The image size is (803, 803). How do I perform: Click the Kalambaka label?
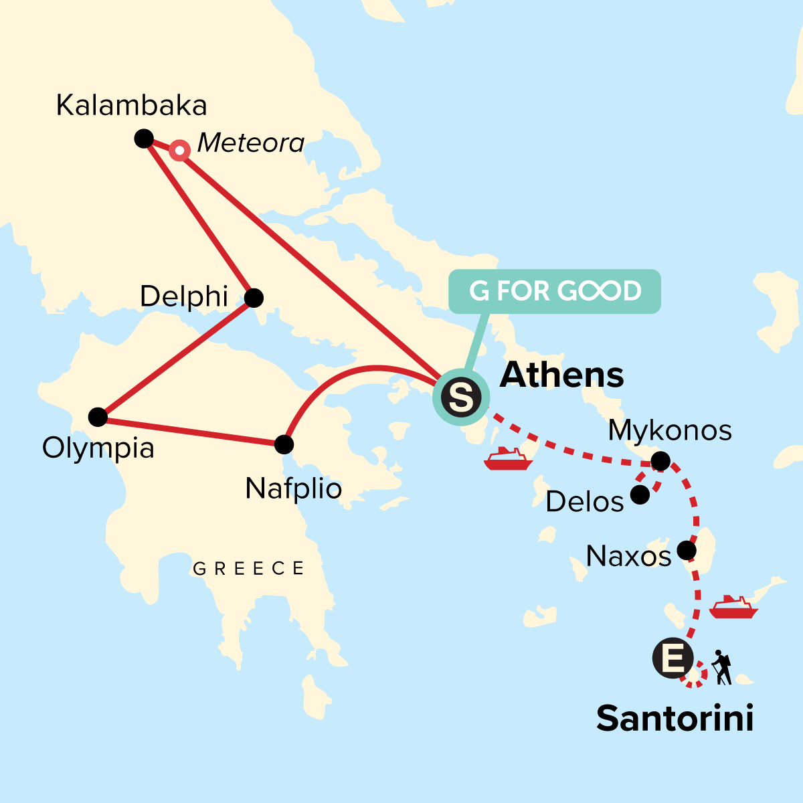pyautogui.click(x=132, y=106)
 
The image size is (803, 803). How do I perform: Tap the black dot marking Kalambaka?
pyautogui.click(x=144, y=139)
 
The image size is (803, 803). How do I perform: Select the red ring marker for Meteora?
pyautogui.click(x=179, y=151)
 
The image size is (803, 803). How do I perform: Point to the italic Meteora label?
pyautogui.click(x=251, y=143)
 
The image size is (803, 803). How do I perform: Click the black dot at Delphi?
pyautogui.click(x=254, y=298)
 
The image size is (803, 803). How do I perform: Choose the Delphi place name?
pyautogui.click(x=184, y=296)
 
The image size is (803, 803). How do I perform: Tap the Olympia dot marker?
pyautogui.click(x=98, y=417)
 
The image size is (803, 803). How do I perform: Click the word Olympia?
pyautogui.click(x=98, y=448)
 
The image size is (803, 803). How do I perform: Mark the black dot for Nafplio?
pyautogui.click(x=284, y=444)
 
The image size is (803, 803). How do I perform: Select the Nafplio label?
pyautogui.click(x=294, y=489)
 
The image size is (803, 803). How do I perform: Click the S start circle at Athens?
pyautogui.click(x=461, y=397)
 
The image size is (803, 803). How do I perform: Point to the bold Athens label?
pyautogui.click(x=562, y=375)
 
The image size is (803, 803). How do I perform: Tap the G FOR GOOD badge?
pyautogui.click(x=555, y=291)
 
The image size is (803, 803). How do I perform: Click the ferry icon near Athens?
pyautogui.click(x=507, y=459)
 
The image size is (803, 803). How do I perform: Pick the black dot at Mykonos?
pyautogui.click(x=660, y=461)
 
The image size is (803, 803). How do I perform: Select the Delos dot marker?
pyautogui.click(x=640, y=495)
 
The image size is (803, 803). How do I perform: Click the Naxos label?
pyautogui.click(x=628, y=556)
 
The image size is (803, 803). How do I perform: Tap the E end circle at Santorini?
pyautogui.click(x=673, y=658)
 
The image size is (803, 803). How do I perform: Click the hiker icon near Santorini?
pyautogui.click(x=721, y=667)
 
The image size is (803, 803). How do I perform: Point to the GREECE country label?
pyautogui.click(x=248, y=569)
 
